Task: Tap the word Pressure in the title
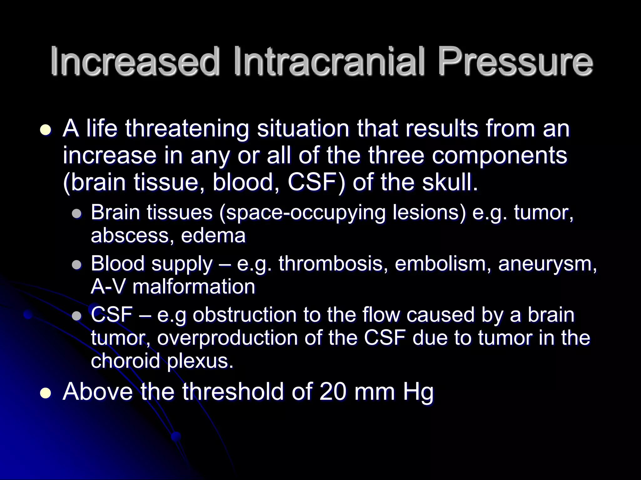click(515, 61)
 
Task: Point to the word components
click(500, 156)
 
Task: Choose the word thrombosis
click(331, 263)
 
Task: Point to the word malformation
click(194, 287)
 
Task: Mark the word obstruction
click(244, 315)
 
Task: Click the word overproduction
click(228, 338)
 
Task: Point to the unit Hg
click(418, 392)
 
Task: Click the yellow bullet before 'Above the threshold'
click(46, 392)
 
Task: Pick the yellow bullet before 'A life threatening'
click(46, 129)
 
